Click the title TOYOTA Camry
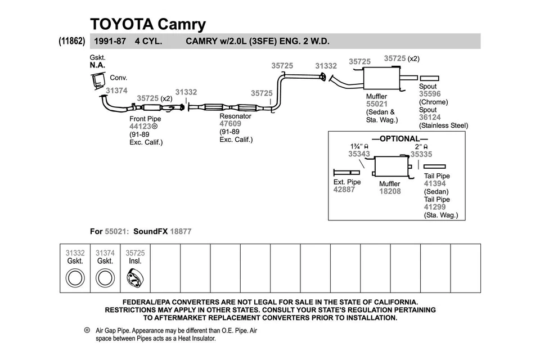[148, 24]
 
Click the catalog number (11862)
[71, 42]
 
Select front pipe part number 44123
[141, 127]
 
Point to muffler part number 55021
[377, 104]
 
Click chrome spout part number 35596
[430, 94]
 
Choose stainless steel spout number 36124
[430, 118]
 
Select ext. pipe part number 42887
[344, 190]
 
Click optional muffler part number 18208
[390, 192]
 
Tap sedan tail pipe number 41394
[435, 184]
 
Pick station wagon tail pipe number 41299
[435, 207]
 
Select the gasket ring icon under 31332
[75, 277]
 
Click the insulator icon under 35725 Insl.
[135, 277]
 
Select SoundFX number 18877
[181, 231]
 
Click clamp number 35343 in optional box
[359, 154]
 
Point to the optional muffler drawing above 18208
[390, 166]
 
